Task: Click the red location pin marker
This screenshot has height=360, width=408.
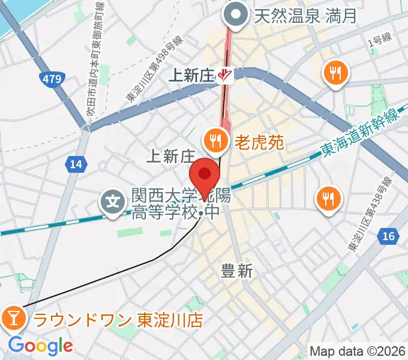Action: point(205,175)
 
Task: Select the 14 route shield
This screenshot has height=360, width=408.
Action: point(76,164)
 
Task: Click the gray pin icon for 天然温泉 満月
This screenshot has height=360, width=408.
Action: point(236,15)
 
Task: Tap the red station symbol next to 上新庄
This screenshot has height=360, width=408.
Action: point(226,75)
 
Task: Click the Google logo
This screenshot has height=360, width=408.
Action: point(40,346)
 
